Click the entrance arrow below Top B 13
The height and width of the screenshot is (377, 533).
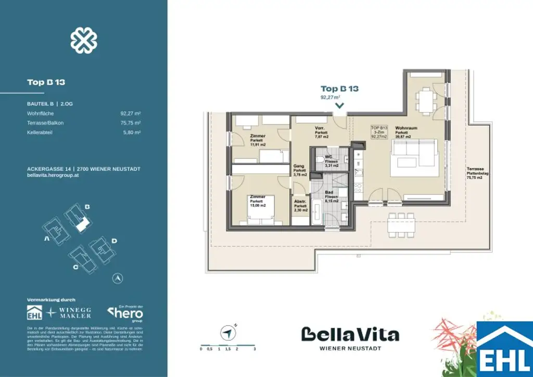coord(339,106)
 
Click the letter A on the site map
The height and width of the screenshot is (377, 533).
coord(47,239)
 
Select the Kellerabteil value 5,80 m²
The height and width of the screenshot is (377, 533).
coord(133,133)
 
